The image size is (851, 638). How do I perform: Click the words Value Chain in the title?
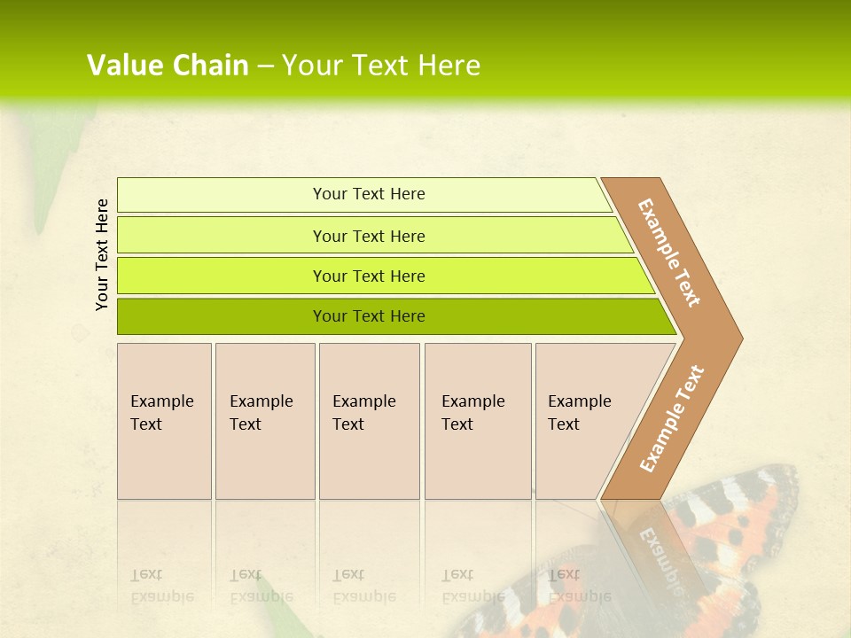[168, 66]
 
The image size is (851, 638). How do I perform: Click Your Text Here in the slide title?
[381, 66]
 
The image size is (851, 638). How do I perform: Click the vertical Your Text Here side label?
[102, 254]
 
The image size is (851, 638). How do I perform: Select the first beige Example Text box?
[164, 421]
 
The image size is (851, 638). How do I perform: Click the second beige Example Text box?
[265, 421]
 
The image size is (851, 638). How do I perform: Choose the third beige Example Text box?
[369, 421]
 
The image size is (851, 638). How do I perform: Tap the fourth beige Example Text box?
[478, 421]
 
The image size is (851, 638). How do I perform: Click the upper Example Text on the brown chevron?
[669, 253]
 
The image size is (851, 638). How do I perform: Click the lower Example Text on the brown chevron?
[672, 419]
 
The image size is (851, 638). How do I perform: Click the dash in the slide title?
[265, 66]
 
